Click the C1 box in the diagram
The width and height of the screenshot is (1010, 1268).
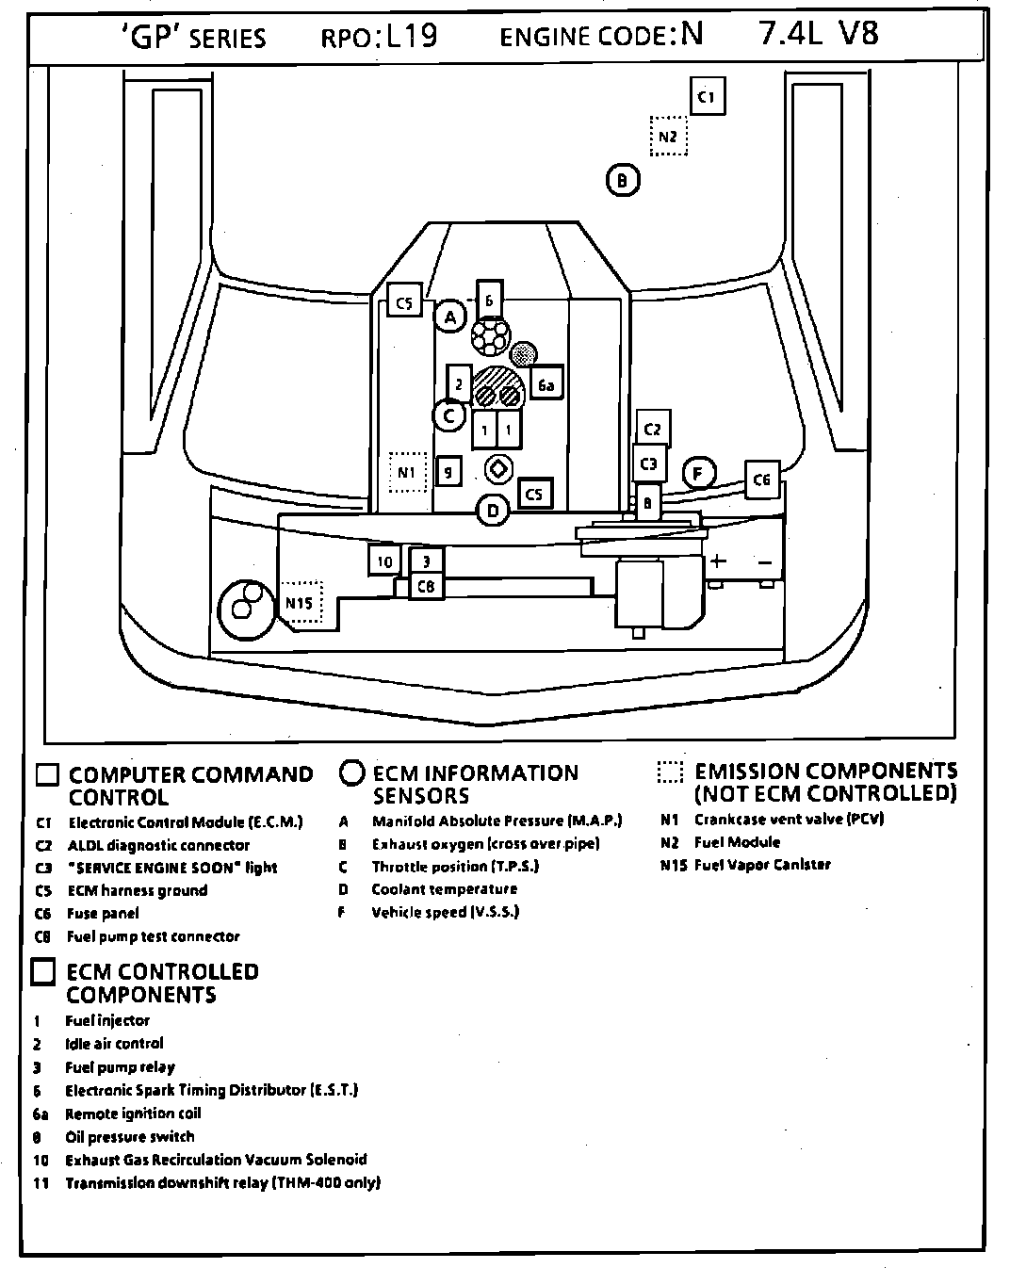(708, 96)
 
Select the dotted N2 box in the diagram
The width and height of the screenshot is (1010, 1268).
(668, 137)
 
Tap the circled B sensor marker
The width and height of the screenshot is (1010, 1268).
(622, 179)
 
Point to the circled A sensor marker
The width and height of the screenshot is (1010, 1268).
(450, 317)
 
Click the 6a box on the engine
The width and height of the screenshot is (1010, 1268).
(546, 384)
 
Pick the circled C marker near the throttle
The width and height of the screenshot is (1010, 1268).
(449, 415)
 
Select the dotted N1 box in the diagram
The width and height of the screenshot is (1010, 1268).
(407, 472)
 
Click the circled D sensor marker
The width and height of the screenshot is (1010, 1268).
(492, 512)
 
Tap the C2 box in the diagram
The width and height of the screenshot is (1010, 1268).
(653, 429)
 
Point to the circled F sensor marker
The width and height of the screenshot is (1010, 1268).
(698, 473)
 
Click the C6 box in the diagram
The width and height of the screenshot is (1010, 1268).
(761, 480)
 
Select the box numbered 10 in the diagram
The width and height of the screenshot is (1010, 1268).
(384, 561)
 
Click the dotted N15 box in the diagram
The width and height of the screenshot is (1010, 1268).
(301, 602)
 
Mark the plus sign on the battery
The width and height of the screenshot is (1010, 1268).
(718, 561)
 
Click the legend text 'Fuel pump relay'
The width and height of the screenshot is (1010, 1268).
(120, 1067)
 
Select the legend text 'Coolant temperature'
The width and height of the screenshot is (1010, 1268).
(444, 889)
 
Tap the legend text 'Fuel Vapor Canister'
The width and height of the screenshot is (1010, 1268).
(762, 865)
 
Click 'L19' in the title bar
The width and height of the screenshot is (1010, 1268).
(406, 36)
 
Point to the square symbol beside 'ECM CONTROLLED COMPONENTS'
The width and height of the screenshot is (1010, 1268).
(43, 972)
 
